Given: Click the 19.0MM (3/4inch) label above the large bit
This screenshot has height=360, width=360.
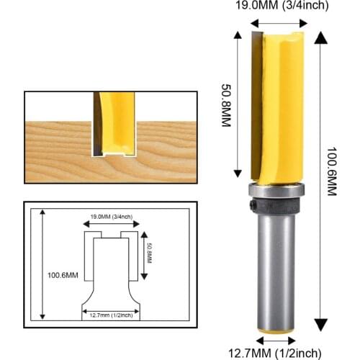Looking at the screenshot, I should (271, 6).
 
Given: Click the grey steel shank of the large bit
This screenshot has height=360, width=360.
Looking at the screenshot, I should (276, 274).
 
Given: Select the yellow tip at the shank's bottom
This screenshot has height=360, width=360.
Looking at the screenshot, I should (276, 330).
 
